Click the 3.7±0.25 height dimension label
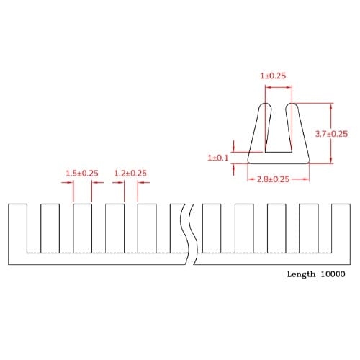tap(332, 134)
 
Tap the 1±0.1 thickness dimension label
tap(217, 157)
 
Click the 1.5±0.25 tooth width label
tap(82, 174)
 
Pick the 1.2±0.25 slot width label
tap(130, 174)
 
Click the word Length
tap(301, 274)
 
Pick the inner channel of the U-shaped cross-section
tap(278, 133)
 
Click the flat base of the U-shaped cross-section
tap(278, 158)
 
